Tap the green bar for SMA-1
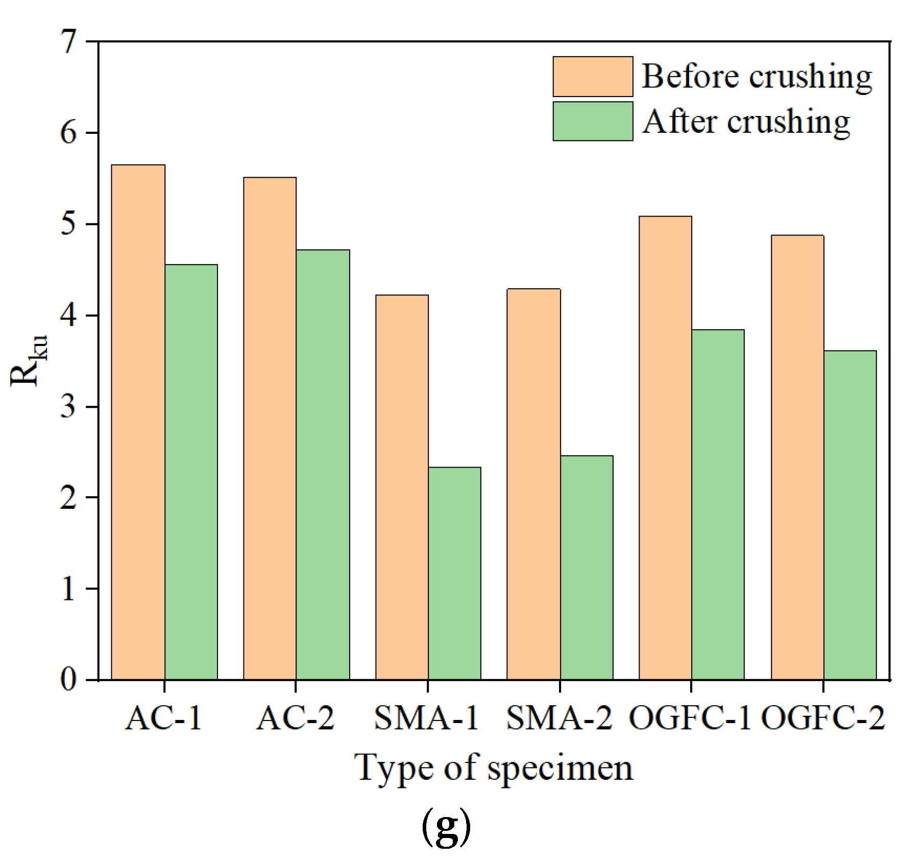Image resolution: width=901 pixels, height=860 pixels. pos(454,573)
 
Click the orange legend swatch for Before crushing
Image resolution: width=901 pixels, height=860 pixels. pos(593,77)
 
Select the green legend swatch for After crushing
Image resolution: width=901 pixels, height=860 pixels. pos(593,121)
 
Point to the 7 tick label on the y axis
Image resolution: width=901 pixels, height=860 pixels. pos(69,41)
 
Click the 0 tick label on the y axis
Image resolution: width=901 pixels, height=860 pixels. pos(69,680)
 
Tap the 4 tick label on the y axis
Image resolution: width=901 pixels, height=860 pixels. pos(69,315)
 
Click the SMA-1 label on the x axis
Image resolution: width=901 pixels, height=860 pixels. pos(427,718)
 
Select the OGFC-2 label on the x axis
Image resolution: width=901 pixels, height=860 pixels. pos(823,718)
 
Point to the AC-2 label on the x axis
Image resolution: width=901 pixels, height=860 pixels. pos(295,718)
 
